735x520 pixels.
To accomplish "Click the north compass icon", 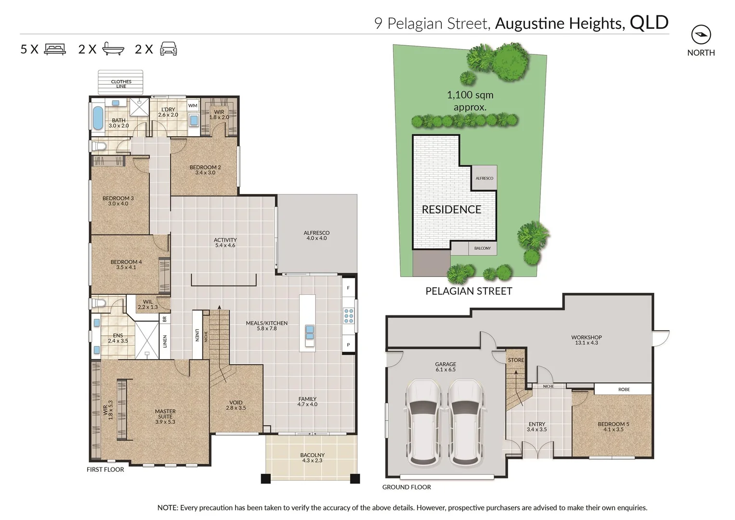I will click(x=701, y=35).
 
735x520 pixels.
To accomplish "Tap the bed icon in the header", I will click(x=55, y=49).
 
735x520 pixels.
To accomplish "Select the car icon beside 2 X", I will click(x=168, y=49).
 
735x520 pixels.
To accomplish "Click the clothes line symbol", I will click(x=121, y=83).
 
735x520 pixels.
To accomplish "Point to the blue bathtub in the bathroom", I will click(x=98, y=118).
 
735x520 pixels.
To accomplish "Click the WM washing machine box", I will click(x=193, y=105).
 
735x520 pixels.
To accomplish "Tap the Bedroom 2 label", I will click(x=205, y=170).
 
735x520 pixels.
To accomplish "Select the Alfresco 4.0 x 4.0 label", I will click(x=316, y=235).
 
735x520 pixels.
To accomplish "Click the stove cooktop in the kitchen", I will click(x=349, y=315).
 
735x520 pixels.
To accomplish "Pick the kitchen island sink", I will click(x=309, y=333).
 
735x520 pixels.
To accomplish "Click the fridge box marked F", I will click(x=348, y=288).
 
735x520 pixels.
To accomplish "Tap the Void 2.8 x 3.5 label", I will click(x=236, y=405).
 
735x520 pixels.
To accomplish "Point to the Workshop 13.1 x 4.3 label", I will click(x=586, y=340).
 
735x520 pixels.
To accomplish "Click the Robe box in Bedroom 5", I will click(x=624, y=389).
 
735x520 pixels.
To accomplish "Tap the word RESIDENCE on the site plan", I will click(x=451, y=209).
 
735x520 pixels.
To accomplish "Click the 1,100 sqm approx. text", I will click(x=470, y=101).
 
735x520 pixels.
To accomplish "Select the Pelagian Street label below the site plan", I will click(x=469, y=291).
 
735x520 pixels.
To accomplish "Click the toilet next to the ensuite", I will click(x=99, y=304).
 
